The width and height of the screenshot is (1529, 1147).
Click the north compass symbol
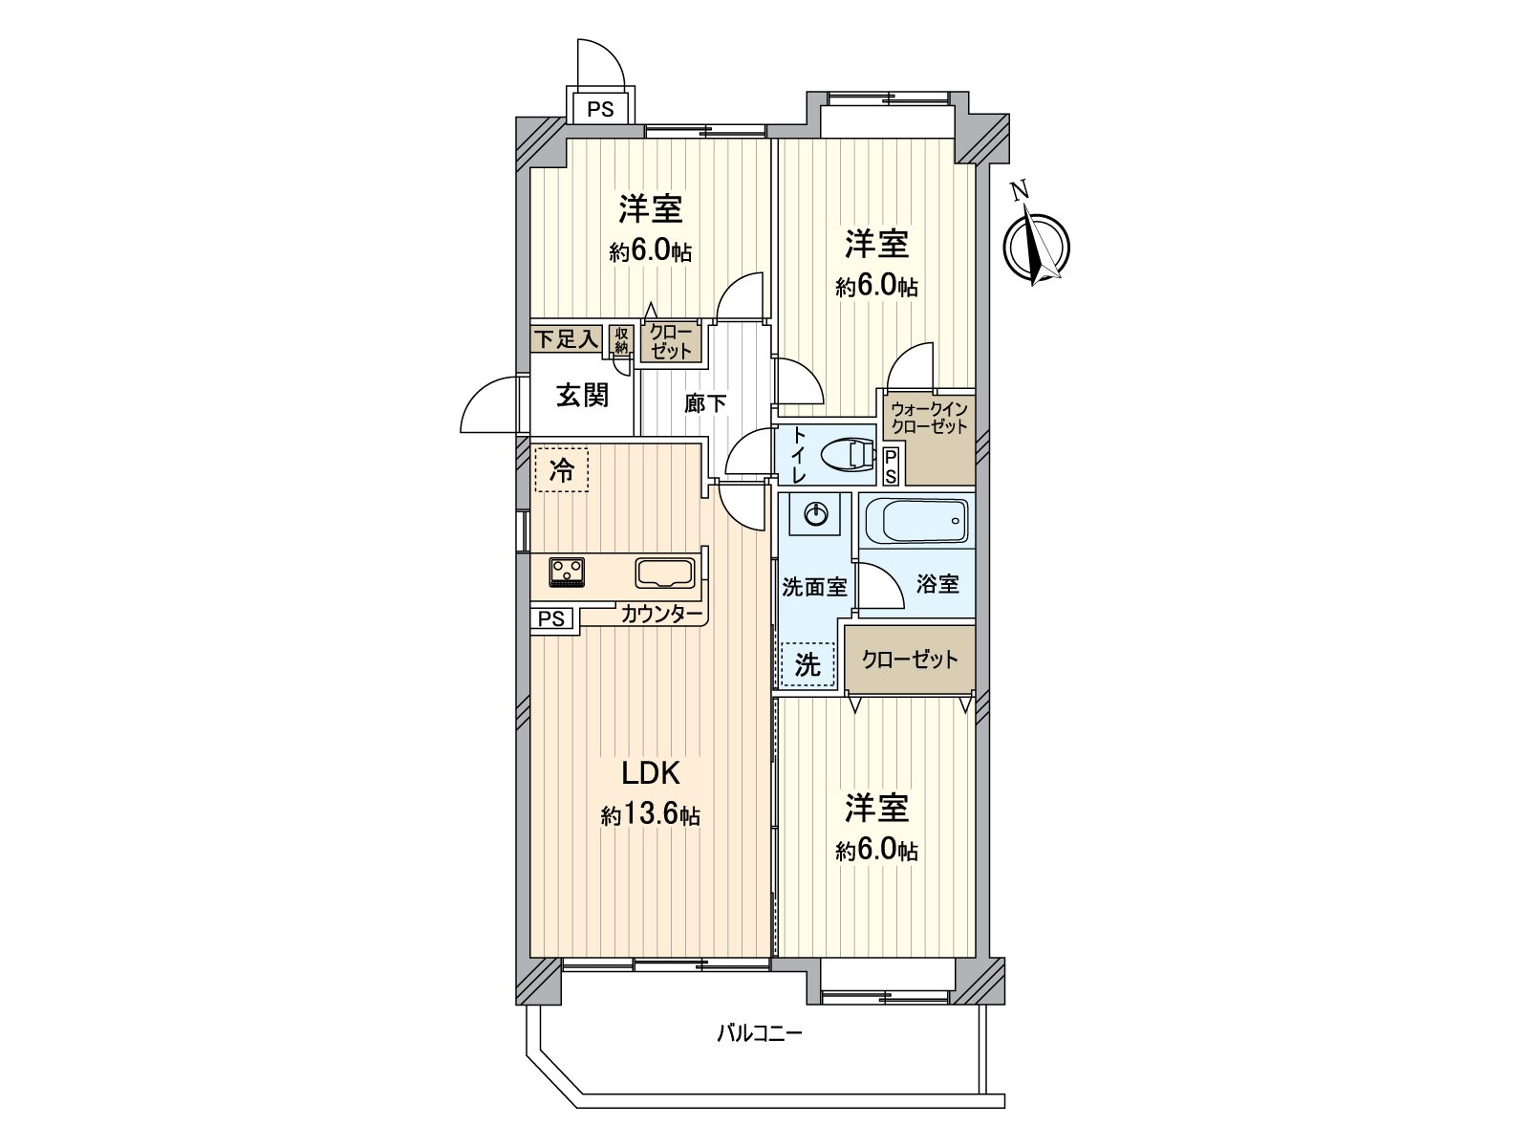[1036, 246]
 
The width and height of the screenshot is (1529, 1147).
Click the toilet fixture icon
[847, 455]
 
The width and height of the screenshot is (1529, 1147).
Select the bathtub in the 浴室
[915, 522]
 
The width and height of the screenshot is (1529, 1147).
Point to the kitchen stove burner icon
[567, 572]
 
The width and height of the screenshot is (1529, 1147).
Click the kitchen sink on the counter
[665, 573]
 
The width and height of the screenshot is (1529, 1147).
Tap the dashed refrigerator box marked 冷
[562, 469]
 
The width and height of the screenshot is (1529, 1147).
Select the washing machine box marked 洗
[808, 664]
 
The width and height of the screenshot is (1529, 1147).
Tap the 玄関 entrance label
[583, 395]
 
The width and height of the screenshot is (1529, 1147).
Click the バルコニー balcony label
[760, 1033]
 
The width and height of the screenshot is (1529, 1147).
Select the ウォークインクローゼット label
[929, 419]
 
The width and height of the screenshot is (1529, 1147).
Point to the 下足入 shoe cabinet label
[566, 338]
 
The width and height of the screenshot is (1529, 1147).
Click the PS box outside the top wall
[600, 108]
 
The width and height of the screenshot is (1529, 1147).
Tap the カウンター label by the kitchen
[661, 614]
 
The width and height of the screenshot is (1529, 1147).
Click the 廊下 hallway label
[705, 403]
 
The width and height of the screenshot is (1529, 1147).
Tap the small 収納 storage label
[621, 338]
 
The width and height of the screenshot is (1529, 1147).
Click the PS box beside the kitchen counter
[551, 618]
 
